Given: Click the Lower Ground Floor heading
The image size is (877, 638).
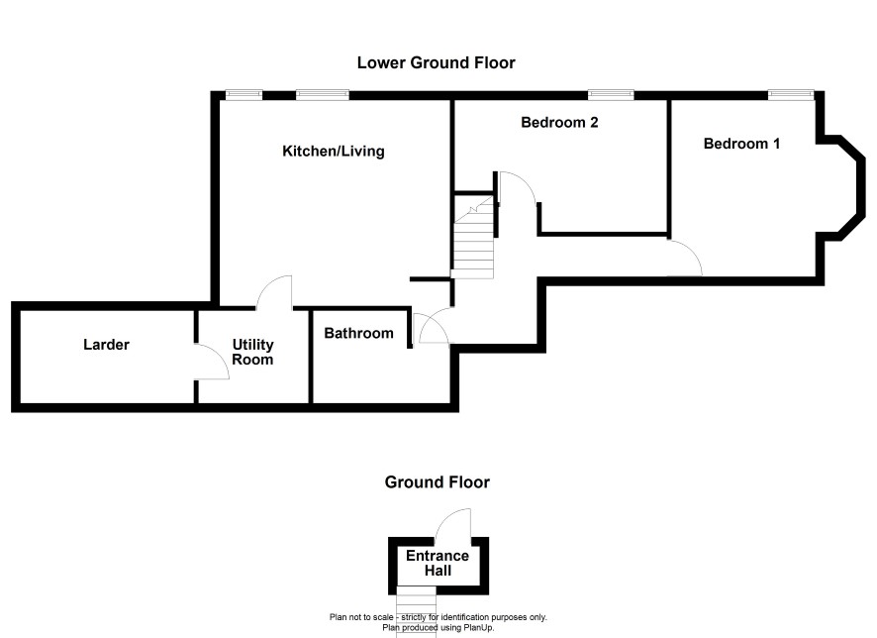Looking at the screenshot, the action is coord(436,62).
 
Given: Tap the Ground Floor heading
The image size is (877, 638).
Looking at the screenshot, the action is coord(437,481).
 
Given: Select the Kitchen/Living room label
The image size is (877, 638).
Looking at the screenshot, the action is coord(334,152).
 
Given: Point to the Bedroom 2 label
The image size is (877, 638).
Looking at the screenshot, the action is coord(559,122).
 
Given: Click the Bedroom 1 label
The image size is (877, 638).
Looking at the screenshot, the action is coord(741,144).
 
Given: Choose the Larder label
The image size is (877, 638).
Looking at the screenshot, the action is coord(106,344).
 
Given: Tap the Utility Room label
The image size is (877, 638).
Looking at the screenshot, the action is coord(252,352).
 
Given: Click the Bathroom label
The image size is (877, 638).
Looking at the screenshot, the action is coord(358,334).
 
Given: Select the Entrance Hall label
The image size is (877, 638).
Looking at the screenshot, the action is coord(438,563).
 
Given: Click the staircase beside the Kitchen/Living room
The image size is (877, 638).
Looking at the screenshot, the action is coord(473,237).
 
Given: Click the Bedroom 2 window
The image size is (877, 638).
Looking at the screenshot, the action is coord(611,95).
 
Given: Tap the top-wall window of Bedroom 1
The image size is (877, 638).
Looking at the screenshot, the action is coord(791,95).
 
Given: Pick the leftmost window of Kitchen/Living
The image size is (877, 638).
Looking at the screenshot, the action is coord(244,95).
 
